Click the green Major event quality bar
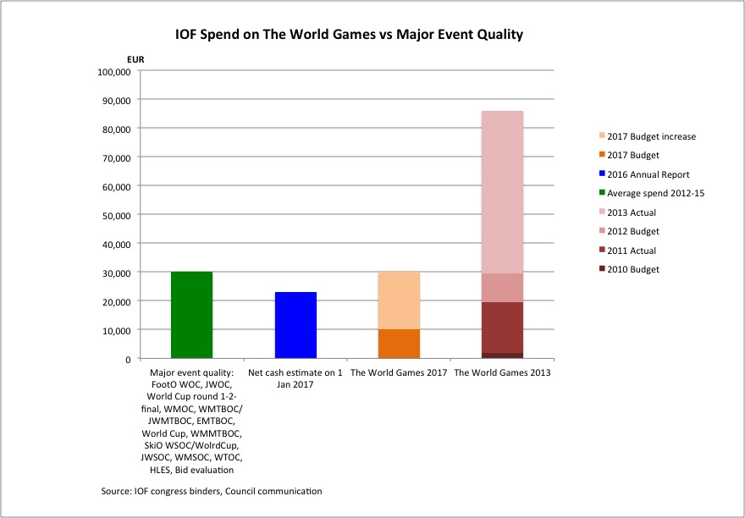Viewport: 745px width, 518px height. [x=191, y=315]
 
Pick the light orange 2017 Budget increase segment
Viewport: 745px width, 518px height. [x=399, y=300]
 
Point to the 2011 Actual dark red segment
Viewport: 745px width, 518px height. [x=502, y=327]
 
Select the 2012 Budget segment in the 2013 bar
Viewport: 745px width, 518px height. [x=502, y=287]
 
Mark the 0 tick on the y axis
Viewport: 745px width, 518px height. [x=126, y=358]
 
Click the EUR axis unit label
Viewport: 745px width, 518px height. [x=124, y=58]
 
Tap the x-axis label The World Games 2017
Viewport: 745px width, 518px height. [x=399, y=372]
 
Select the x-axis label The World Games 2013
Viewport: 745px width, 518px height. [x=502, y=372]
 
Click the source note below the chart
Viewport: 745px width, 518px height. [x=211, y=491]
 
